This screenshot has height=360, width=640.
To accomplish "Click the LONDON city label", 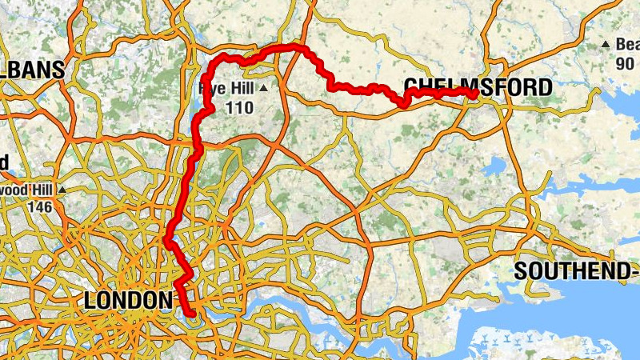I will pyautogui.click(x=127, y=301).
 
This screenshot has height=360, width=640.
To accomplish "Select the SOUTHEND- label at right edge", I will pyautogui.click(x=576, y=270).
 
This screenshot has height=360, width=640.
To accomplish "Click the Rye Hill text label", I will pyautogui.click(x=228, y=88).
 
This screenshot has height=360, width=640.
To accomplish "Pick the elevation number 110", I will pyautogui.click(x=239, y=107).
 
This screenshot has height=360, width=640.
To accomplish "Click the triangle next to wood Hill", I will pyautogui.click(x=62, y=190).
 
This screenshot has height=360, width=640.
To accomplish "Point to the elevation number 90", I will pyautogui.click(x=625, y=62).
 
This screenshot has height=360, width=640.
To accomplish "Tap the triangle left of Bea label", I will pyautogui.click(x=606, y=45).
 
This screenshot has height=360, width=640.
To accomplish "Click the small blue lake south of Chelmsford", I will pyautogui.click(x=494, y=166).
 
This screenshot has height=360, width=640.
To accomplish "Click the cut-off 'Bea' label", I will pyautogui.click(x=626, y=45).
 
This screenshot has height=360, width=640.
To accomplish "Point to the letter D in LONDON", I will pyautogui.click(x=141, y=301).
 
